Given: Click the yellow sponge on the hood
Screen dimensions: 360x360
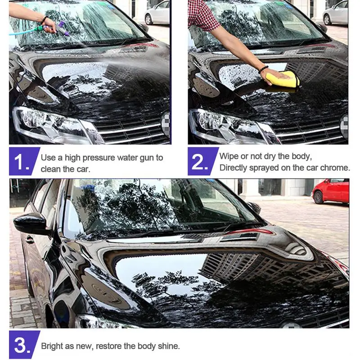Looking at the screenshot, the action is click(x=283, y=79).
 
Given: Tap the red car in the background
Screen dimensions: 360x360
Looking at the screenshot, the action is click(x=331, y=191).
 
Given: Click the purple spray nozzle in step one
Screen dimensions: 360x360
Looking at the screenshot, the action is click(x=63, y=28).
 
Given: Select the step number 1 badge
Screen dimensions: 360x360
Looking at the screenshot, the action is click(x=24, y=162).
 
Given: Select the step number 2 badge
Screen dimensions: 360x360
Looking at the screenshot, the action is click(x=203, y=162).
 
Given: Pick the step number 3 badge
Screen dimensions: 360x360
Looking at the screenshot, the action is click(x=24, y=345).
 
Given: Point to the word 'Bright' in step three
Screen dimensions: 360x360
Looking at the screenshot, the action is click(x=52, y=346).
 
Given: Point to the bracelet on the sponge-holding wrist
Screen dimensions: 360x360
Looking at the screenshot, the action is click(x=263, y=69).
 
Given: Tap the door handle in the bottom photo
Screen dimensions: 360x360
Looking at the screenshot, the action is click(x=30, y=239).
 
